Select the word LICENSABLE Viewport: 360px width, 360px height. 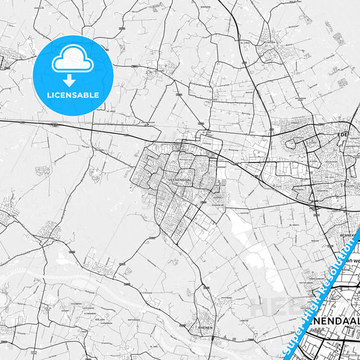pos(72,95)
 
